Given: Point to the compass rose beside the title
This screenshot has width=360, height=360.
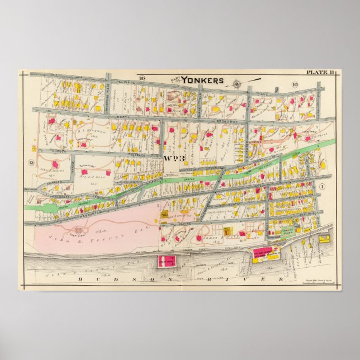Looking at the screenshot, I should pyautogui.click(x=236, y=84).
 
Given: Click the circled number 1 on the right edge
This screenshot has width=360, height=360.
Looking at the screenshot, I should pyautogui.click(x=323, y=185).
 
